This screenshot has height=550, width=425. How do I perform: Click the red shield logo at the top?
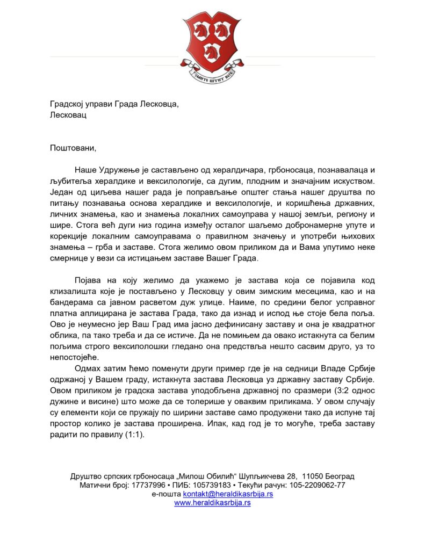click(x=212, y=41)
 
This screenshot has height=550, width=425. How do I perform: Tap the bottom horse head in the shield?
click(x=212, y=53)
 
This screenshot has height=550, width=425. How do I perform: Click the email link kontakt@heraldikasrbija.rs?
click(x=228, y=494)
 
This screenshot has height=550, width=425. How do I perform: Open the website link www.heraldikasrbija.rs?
click(x=212, y=503)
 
